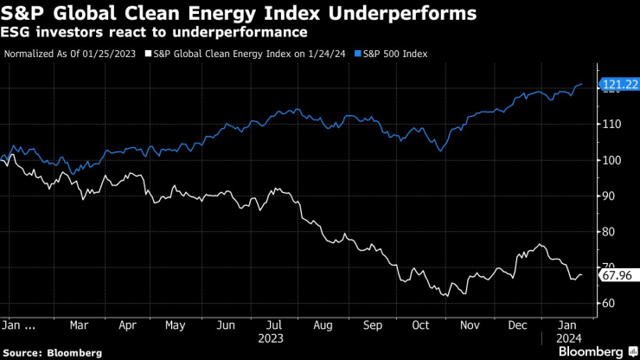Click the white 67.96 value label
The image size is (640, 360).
(616, 276)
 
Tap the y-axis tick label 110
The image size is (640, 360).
(610, 125)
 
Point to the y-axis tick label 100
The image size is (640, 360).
(610, 160)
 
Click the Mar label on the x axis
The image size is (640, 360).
(80, 326)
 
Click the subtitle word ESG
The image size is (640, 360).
(21, 33)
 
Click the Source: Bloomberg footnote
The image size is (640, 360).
(52, 352)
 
